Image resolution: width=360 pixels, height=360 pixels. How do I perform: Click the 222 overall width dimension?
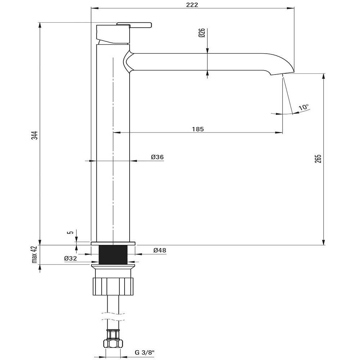pyautogui.click(x=192, y=5)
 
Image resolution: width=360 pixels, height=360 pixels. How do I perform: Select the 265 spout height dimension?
pyautogui.click(x=318, y=159)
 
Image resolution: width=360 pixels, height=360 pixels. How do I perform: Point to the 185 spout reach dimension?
pyautogui.click(x=198, y=129)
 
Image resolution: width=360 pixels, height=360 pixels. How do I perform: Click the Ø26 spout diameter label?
pyautogui.click(x=202, y=33)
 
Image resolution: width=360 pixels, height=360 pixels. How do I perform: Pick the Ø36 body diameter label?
pyautogui.click(x=157, y=157)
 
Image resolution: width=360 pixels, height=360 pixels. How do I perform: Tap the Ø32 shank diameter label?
pyautogui.click(x=71, y=258)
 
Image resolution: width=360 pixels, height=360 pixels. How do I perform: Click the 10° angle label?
pyautogui.click(x=304, y=107)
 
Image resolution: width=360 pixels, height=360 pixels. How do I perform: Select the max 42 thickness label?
pyautogui.click(x=35, y=255)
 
